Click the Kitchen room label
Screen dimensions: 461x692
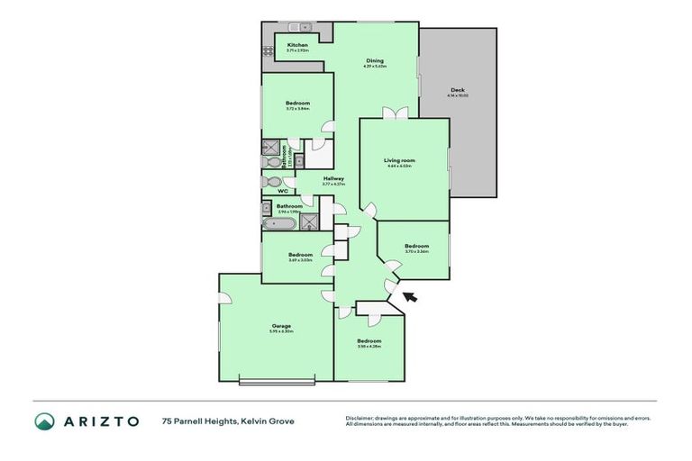(x=297, y=44)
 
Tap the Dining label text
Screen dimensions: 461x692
(x=374, y=60)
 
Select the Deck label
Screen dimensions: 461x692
(x=457, y=89)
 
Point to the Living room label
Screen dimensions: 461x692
(x=399, y=159)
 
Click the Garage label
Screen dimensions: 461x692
(x=281, y=325)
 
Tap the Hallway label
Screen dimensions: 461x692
(x=334, y=178)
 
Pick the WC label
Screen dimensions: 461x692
(x=282, y=191)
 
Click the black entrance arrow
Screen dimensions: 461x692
(x=410, y=296)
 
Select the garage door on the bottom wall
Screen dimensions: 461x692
(x=277, y=383)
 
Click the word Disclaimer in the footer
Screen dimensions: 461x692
(x=361, y=418)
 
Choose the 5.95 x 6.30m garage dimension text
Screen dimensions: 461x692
(x=281, y=331)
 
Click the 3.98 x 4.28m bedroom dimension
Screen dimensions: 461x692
(x=369, y=347)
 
